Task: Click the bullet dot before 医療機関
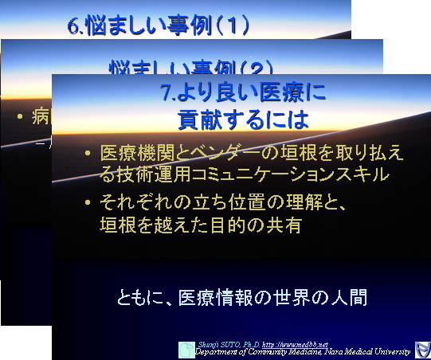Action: [x=88, y=153]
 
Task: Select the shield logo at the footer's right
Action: [x=422, y=349]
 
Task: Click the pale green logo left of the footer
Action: [x=186, y=349]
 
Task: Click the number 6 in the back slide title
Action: [x=74, y=25]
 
